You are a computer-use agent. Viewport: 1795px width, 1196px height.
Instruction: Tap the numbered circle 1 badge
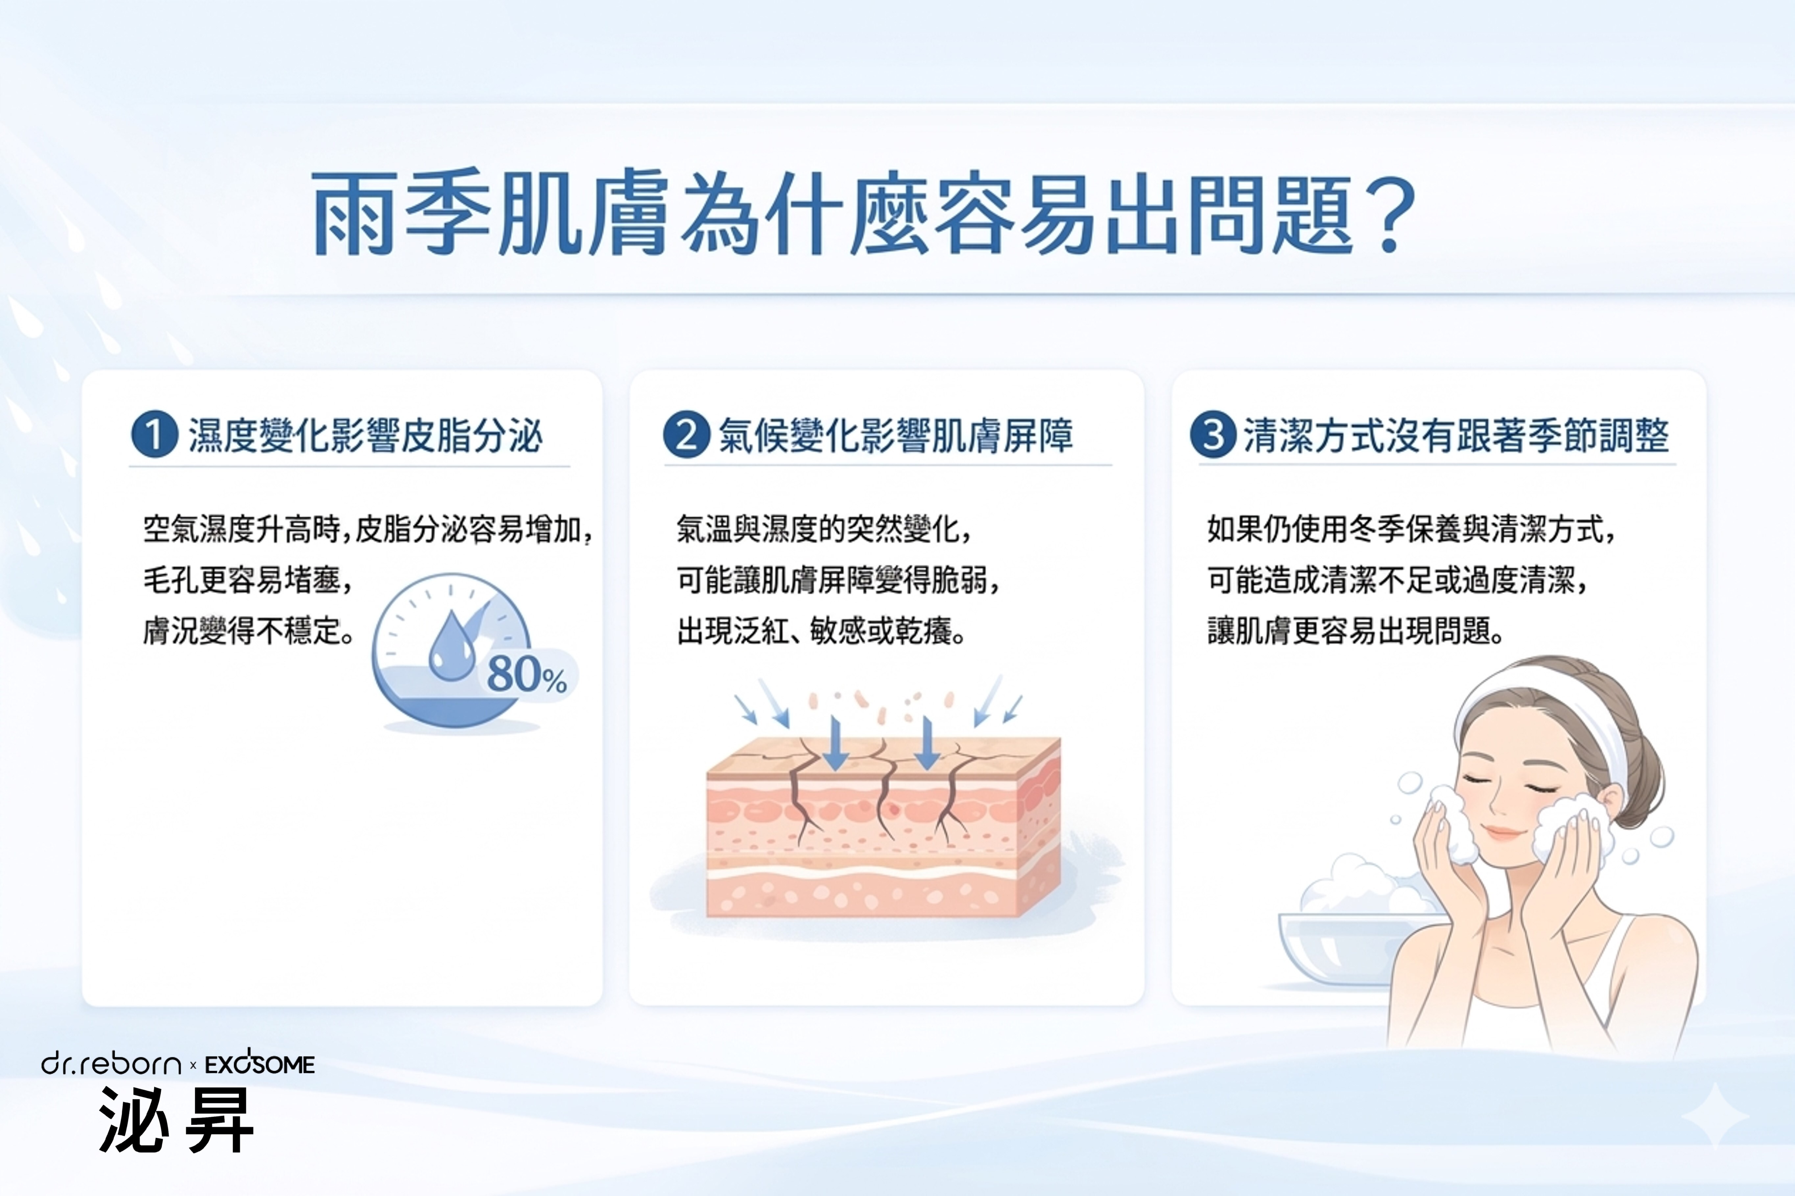(x=155, y=435)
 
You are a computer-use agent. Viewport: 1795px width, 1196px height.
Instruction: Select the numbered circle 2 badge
(x=686, y=435)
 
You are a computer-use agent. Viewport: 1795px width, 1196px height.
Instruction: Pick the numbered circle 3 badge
(x=1213, y=435)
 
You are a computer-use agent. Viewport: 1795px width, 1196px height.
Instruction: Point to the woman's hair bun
(x=1640, y=786)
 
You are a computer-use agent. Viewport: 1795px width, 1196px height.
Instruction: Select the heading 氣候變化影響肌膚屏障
(x=896, y=436)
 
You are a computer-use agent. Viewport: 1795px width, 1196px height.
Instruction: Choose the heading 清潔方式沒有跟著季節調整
(x=1456, y=436)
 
